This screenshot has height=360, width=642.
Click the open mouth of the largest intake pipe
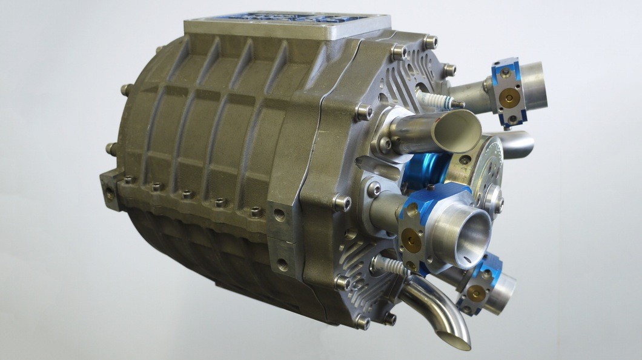click(469, 233)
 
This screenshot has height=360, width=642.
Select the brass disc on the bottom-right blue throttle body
click(477, 294)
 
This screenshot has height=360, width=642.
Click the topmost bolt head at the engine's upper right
click(431, 42)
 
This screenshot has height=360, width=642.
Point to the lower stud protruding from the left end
click(111, 147)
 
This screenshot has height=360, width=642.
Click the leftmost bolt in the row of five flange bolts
click(129, 179)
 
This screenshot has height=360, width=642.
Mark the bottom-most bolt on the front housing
click(362, 322)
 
